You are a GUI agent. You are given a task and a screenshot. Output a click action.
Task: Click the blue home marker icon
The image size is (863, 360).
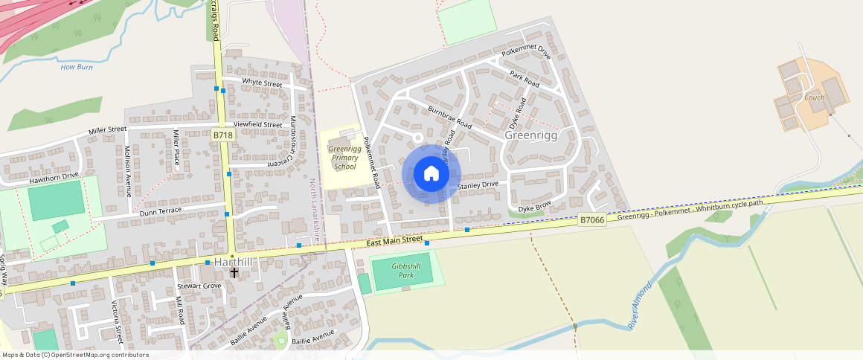[431, 174]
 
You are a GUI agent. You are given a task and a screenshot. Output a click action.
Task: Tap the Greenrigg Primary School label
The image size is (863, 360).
[344, 158]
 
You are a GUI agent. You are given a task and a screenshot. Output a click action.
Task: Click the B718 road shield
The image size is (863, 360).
[222, 135]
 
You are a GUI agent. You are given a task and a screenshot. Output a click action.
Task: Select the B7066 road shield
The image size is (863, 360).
[591, 219]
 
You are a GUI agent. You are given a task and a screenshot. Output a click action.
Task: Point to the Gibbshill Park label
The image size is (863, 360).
[406, 270]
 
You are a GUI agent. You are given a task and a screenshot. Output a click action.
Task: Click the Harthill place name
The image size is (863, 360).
[233, 263]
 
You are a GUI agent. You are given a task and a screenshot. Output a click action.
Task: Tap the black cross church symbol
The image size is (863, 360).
[234, 273]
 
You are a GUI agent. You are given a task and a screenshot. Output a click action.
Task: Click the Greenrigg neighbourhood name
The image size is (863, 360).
[530, 135]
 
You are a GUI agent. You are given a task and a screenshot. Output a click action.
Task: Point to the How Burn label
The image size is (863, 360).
[77, 67]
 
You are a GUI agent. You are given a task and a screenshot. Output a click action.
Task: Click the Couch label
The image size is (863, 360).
[814, 97]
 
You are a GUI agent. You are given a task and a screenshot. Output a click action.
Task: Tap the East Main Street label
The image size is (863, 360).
[394, 242]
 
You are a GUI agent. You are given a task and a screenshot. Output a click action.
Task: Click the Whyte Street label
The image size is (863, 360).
[262, 83]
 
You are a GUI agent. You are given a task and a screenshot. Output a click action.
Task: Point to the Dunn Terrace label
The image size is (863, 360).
[160, 213]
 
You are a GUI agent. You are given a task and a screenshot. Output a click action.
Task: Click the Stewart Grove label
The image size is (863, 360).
[199, 286]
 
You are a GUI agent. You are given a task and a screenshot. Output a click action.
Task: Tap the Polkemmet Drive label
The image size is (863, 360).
[525, 53]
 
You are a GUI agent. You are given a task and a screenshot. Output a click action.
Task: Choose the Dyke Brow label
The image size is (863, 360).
[535, 206]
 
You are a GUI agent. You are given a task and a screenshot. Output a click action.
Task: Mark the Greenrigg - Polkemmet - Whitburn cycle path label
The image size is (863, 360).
[690, 209]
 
